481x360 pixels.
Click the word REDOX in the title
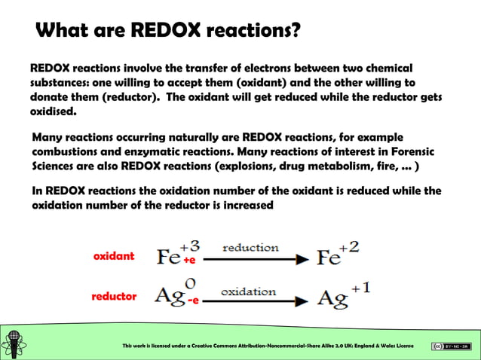pyautogui.click(x=166, y=31)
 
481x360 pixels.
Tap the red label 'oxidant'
pyautogui.click(x=113, y=256)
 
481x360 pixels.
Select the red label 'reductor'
pyautogui.click(x=114, y=297)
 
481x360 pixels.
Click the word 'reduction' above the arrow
pyautogui.click(x=250, y=248)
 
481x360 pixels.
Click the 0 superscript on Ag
pyautogui.click(x=190, y=284)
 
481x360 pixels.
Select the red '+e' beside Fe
pyautogui.click(x=189, y=261)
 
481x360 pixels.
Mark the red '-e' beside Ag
pyautogui.click(x=193, y=301)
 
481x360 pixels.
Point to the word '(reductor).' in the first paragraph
pyautogui.click(x=124, y=97)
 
